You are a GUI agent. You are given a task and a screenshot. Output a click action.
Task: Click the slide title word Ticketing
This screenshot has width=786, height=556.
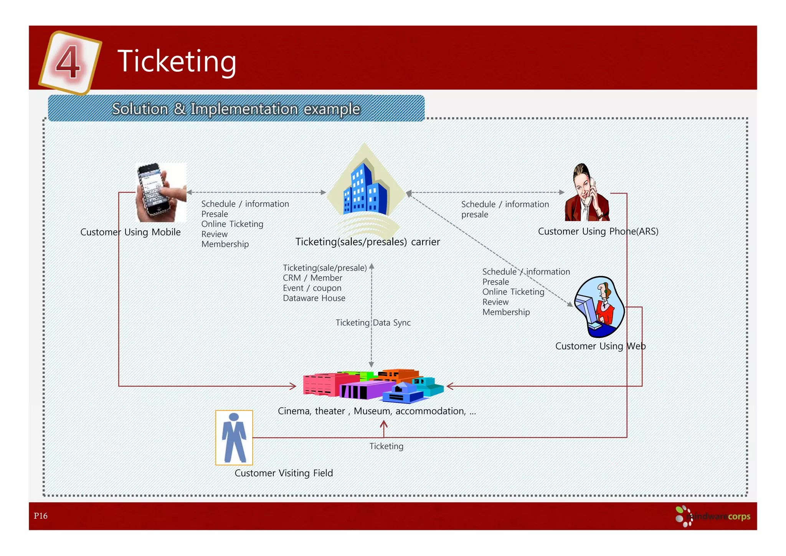(x=177, y=61)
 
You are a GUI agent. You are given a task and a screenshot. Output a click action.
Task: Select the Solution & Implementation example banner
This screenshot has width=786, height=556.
(x=236, y=109)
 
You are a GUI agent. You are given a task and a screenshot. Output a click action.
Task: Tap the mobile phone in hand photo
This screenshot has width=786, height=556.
(x=161, y=192)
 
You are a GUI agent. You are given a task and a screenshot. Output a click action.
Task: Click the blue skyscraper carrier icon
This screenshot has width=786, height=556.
(x=364, y=188)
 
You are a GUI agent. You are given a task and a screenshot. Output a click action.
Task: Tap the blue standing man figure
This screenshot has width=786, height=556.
(x=234, y=437)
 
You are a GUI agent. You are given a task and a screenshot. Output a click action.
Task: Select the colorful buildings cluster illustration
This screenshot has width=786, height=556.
(x=373, y=386)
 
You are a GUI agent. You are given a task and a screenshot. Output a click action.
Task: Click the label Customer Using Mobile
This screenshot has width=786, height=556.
(x=130, y=232)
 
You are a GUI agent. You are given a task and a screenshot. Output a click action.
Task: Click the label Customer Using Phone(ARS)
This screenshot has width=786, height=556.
(x=598, y=232)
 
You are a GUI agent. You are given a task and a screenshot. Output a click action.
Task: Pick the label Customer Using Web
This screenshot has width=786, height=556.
(x=600, y=346)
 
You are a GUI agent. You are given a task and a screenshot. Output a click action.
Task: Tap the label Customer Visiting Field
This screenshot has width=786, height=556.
(x=284, y=473)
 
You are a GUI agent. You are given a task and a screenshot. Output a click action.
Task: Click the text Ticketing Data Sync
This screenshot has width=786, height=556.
(x=373, y=323)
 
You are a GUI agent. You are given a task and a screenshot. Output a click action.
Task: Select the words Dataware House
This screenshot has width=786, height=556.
(x=314, y=298)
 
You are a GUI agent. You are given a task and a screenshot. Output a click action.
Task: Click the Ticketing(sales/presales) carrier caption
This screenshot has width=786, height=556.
(x=367, y=242)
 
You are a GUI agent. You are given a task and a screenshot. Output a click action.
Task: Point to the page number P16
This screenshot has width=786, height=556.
(x=41, y=516)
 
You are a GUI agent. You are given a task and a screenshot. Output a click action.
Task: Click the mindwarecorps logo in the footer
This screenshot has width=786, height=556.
(x=713, y=516)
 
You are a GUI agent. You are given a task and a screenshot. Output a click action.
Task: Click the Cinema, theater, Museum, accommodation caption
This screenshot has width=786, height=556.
(x=376, y=411)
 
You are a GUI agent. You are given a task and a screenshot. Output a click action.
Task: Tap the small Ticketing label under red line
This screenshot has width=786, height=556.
(x=386, y=446)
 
